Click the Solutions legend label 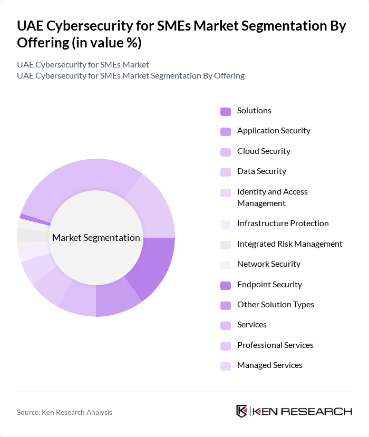click(254, 111)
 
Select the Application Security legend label click(274, 131)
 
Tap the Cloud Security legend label click(264, 151)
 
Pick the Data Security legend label click(261, 171)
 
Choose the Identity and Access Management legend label click(272, 197)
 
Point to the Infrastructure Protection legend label click(283, 224)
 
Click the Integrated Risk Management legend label click(289, 244)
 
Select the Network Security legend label click(268, 264)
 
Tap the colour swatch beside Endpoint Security click(225, 285)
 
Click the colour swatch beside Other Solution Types click(225, 305)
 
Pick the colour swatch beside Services click(225, 325)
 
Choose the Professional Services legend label click(275, 345)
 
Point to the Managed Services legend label click(269, 365)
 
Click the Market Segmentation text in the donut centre click(96, 238)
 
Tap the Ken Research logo click(294, 411)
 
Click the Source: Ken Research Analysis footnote click(64, 412)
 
